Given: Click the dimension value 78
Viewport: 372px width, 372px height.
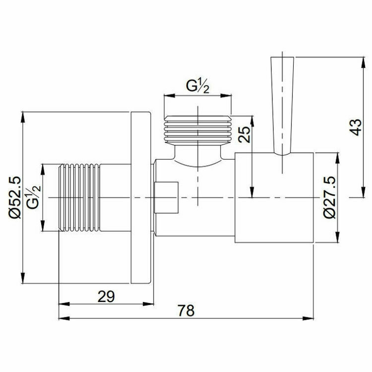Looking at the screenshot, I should click(x=186, y=311).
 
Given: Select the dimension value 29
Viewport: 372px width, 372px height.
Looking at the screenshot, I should click(x=106, y=296).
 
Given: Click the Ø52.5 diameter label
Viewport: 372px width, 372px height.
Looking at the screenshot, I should click(x=14, y=197).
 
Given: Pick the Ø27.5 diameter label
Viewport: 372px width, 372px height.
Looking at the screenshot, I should click(x=328, y=197).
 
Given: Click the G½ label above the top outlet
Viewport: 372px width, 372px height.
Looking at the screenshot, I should click(x=197, y=86).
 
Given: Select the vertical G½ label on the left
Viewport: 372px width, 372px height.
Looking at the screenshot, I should click(x=34, y=197).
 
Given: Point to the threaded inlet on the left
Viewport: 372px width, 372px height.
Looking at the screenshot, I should click(x=79, y=197).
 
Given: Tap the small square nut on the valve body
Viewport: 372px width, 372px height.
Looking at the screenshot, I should click(x=166, y=197).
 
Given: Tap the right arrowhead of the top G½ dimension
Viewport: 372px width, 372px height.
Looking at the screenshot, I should click(x=229, y=95).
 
